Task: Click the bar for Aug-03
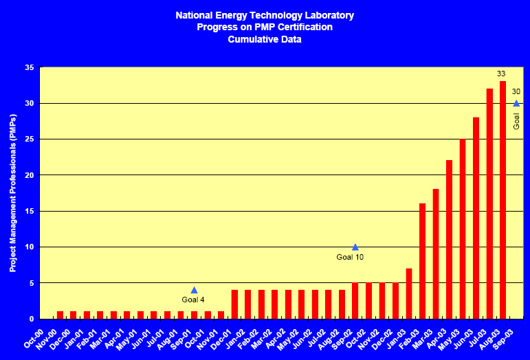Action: [x=503, y=200]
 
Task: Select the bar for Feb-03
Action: [x=422, y=261]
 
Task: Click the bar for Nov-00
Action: [x=60, y=315]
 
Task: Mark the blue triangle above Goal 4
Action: [x=194, y=290]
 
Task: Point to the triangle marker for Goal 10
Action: [x=355, y=247]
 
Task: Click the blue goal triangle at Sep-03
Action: [x=516, y=104]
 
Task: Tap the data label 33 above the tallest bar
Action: [x=502, y=74]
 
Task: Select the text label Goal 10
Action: [x=350, y=257]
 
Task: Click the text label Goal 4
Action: [x=193, y=300]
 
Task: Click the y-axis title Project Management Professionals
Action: [x=13, y=193]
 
